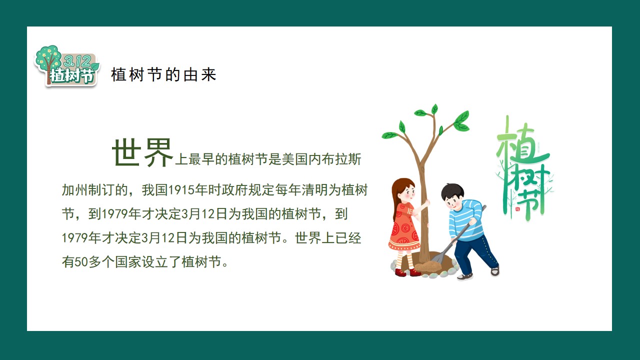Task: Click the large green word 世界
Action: (x=142, y=152)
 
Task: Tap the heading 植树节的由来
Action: (x=163, y=75)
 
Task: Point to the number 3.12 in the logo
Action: (x=77, y=60)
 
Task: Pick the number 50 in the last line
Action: (x=81, y=262)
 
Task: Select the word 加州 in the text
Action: (x=75, y=190)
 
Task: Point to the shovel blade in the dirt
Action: (x=437, y=258)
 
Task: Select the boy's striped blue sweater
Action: (x=465, y=220)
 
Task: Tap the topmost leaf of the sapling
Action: (x=434, y=109)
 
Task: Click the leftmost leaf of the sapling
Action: (x=389, y=135)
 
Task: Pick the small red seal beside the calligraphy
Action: (x=517, y=209)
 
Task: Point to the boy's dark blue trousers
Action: (x=474, y=253)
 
